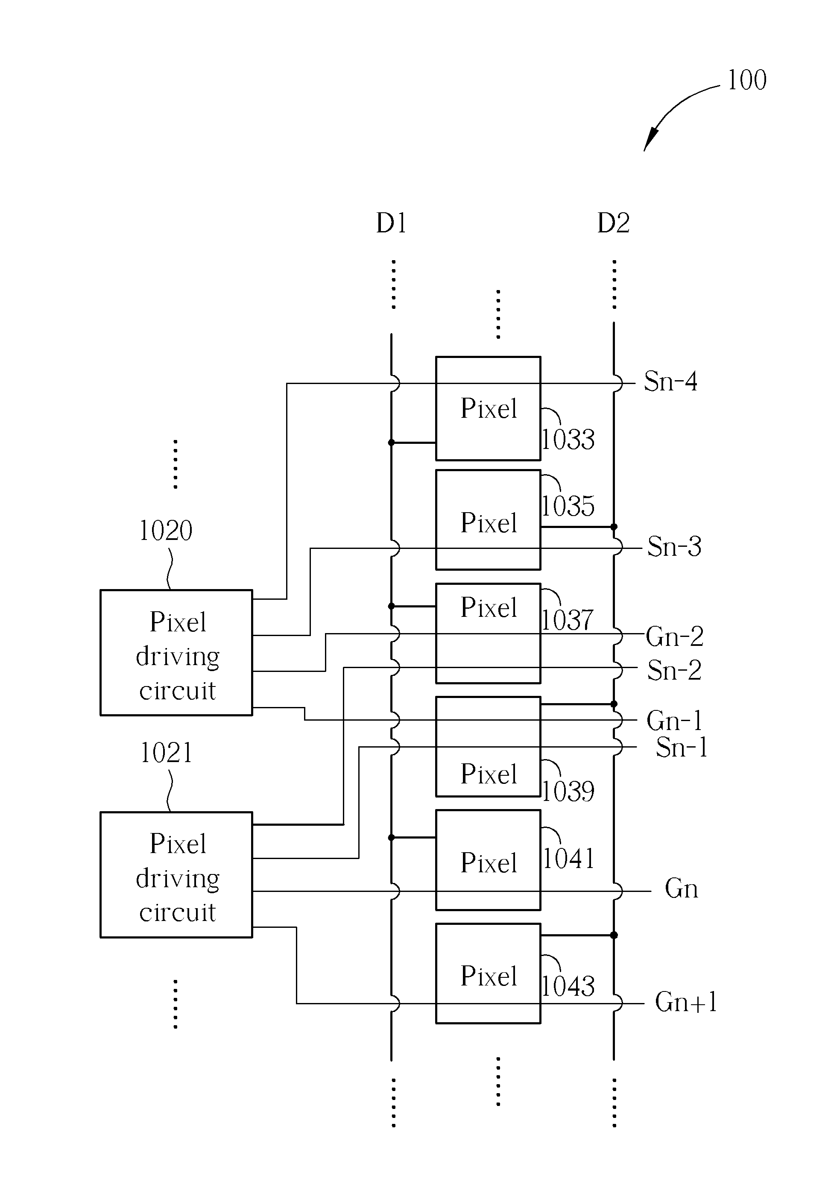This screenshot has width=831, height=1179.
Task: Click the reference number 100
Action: click(x=747, y=80)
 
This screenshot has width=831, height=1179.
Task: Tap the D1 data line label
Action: click(x=391, y=223)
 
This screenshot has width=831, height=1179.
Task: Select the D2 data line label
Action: click(x=613, y=223)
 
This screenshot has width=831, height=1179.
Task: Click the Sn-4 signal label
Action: click(x=670, y=381)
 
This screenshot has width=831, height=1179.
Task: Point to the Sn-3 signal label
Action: click(x=674, y=546)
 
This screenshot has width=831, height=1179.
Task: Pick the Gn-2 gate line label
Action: click(x=674, y=636)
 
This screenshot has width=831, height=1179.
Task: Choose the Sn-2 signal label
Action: click(x=674, y=670)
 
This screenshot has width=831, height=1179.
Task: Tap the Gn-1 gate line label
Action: click(x=674, y=721)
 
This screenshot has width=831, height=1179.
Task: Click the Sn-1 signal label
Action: click(x=682, y=747)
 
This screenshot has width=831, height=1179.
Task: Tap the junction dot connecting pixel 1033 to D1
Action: click(x=391, y=443)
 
